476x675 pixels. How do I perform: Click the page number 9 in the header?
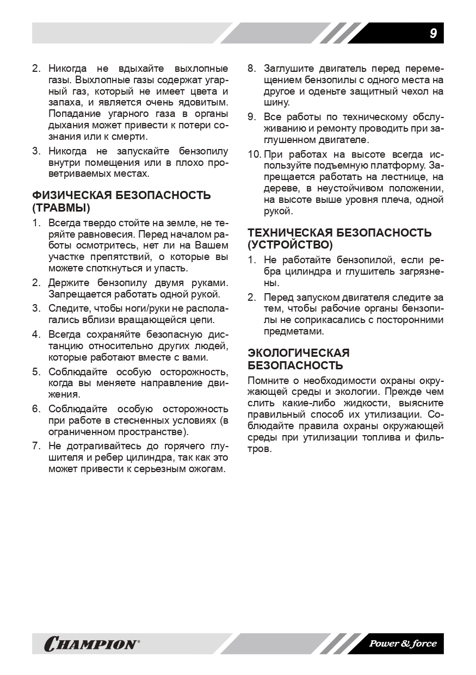click(433, 33)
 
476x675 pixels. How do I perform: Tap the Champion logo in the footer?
click(91, 645)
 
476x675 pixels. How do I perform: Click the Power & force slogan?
click(403, 644)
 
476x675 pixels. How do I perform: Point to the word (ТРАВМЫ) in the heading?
click(61, 208)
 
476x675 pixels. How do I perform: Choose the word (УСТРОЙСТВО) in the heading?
click(290, 245)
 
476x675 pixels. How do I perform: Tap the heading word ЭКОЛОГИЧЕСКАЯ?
click(299, 353)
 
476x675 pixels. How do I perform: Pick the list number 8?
click(251, 69)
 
